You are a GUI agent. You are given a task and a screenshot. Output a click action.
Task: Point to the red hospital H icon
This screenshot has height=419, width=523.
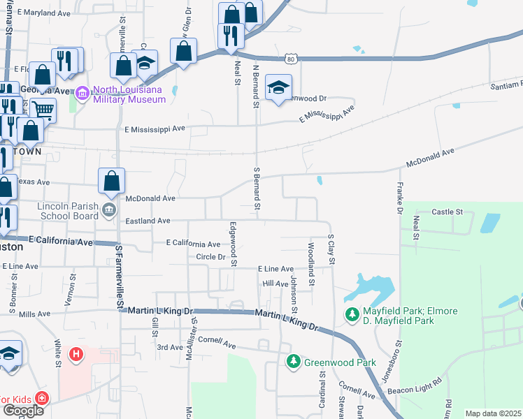76,355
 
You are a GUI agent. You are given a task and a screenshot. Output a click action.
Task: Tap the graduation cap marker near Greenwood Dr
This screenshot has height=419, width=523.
278,87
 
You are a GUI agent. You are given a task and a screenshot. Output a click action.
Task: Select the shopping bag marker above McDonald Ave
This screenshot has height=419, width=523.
111,182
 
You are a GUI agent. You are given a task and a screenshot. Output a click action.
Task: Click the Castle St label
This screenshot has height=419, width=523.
447,211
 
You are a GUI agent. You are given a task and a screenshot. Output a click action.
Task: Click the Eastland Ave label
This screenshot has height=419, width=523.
148,221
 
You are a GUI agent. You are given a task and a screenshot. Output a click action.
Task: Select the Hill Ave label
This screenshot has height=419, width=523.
275,284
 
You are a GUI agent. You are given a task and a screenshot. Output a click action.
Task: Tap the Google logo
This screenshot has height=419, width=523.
23,411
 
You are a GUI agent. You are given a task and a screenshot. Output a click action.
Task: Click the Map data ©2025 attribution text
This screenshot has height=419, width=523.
494,413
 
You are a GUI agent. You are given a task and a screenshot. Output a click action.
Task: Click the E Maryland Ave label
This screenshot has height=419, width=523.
45,13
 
